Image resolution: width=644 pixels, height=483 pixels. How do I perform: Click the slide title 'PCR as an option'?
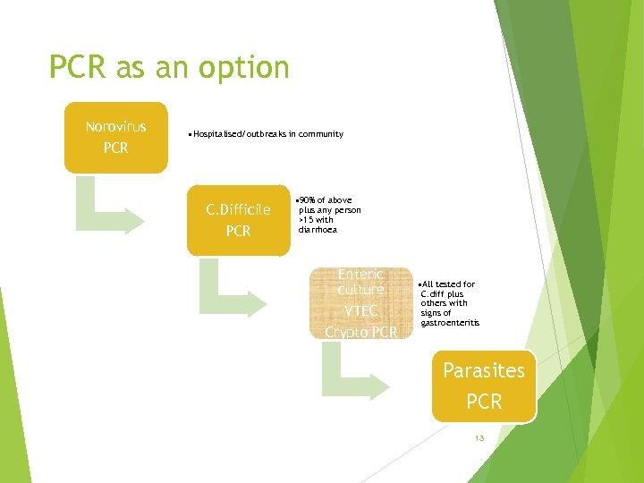tap(169, 67)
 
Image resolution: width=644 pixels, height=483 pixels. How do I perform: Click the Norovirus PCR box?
tap(115, 137)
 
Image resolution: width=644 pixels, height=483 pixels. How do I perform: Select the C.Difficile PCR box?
tap(238, 220)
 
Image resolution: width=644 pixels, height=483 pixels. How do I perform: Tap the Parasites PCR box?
tap(484, 386)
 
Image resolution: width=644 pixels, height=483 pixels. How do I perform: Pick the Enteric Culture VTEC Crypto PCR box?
tap(360, 303)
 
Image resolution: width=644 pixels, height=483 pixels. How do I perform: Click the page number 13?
tap(479, 438)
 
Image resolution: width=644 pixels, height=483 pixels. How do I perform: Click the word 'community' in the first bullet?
tap(322, 134)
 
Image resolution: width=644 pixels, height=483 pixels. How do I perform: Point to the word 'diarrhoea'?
tap(318, 229)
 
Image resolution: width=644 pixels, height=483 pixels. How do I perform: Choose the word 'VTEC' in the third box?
tap(360, 311)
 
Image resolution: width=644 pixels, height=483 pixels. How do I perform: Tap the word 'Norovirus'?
tap(115, 126)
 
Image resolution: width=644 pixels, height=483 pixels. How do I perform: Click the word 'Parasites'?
tap(484, 370)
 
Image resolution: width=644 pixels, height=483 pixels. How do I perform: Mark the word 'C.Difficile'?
tap(238, 210)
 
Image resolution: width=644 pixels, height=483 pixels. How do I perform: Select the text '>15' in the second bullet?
tap(306, 219)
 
